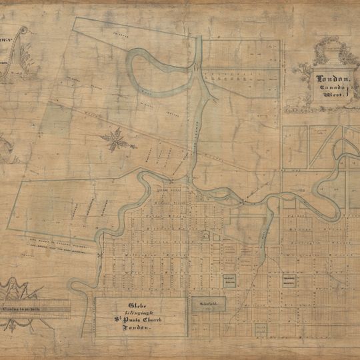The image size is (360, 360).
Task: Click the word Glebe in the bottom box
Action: coord(136,306)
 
